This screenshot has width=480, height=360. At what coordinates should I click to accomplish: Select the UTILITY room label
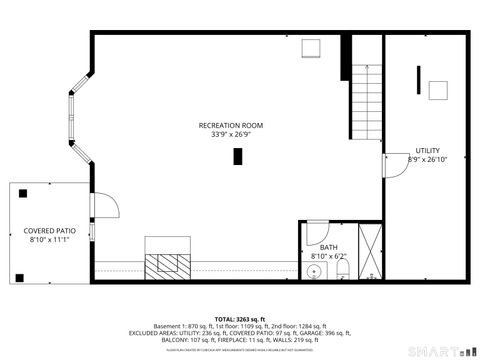click(x=428, y=150)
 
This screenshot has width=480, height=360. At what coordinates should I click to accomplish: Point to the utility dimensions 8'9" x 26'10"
click(x=427, y=159)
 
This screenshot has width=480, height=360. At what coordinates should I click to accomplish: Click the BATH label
click(x=328, y=246)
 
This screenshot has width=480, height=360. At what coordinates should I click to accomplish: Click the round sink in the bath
click(x=312, y=268)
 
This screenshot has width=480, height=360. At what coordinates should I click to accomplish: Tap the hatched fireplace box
click(x=167, y=263)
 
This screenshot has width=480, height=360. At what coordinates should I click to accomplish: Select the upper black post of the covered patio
click(x=19, y=193)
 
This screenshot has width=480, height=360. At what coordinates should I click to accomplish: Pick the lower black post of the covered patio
click(x=19, y=275)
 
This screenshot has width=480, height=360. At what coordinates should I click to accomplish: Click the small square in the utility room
click(x=436, y=91)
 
